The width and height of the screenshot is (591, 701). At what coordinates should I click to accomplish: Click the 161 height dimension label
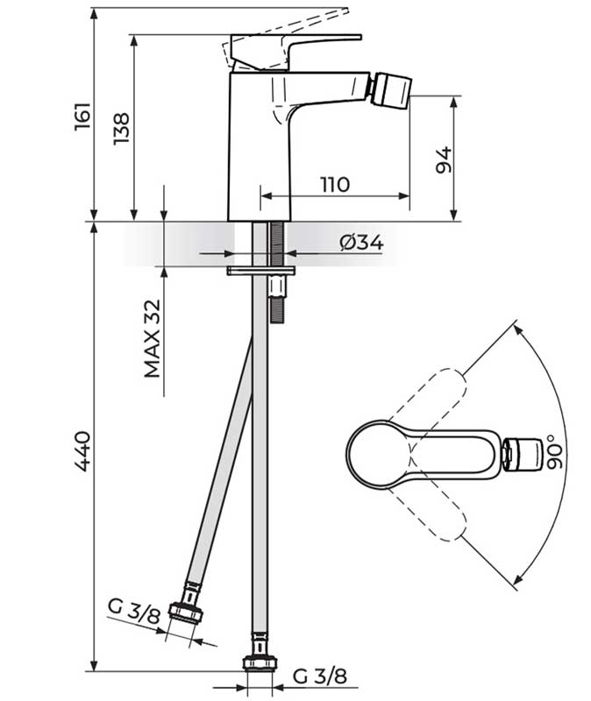(x=82, y=117)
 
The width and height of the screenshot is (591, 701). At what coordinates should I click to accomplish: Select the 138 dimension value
(x=121, y=128)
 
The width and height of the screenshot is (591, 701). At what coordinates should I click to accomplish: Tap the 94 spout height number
(x=444, y=159)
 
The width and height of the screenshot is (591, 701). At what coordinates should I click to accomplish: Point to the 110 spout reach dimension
(x=335, y=184)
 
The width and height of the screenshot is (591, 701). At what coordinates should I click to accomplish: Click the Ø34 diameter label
(x=361, y=243)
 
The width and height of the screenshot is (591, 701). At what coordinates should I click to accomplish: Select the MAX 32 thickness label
(x=152, y=338)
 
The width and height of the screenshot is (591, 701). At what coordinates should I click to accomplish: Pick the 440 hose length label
(x=82, y=451)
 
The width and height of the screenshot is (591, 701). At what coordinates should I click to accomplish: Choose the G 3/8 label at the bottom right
(x=320, y=676)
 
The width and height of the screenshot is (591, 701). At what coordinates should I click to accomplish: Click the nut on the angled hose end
(x=186, y=612)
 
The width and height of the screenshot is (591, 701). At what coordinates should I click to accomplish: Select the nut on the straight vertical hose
(x=260, y=663)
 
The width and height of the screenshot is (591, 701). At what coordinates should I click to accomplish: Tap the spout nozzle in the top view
(x=522, y=455)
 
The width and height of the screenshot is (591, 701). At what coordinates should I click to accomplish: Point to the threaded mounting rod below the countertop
(x=276, y=273)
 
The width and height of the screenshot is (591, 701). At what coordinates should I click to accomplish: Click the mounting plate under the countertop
(x=260, y=271)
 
